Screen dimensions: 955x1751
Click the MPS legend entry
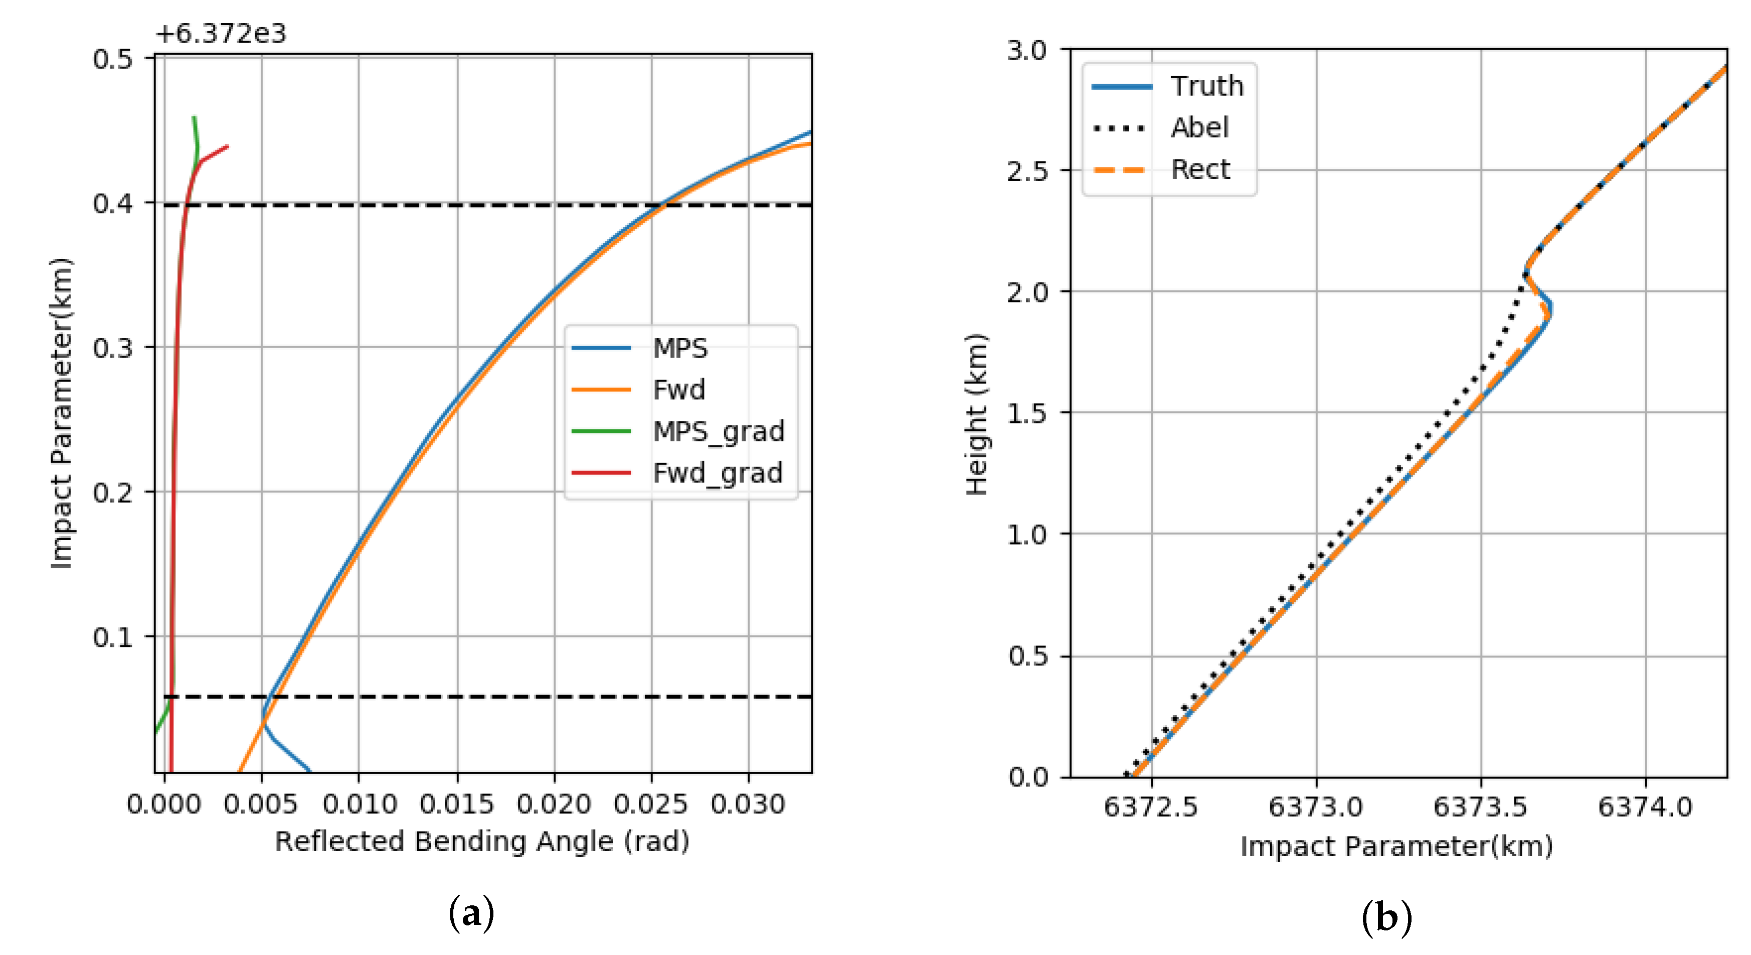(680, 348)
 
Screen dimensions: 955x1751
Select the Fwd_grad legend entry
(717, 472)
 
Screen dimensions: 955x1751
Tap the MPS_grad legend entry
(718, 431)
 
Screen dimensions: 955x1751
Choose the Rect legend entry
(1200, 169)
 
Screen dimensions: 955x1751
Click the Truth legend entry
(1206, 86)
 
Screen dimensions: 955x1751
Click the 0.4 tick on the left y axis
(113, 203)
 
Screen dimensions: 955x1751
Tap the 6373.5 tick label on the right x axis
(1480, 807)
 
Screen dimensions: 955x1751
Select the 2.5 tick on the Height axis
(1027, 171)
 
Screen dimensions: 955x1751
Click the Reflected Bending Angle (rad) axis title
(482, 842)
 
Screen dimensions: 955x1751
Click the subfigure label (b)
(1386, 917)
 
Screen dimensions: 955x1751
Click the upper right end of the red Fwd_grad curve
(228, 145)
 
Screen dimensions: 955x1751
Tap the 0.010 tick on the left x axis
(359, 804)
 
